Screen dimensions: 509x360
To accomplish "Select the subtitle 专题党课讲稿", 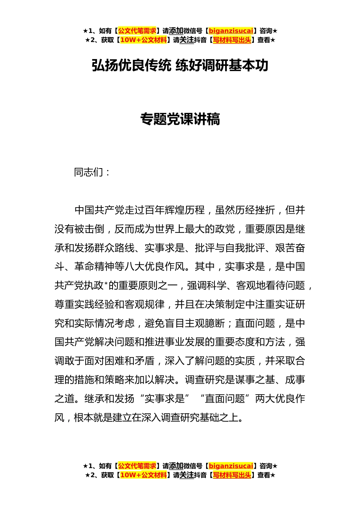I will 180,119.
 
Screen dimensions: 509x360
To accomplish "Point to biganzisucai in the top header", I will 231,31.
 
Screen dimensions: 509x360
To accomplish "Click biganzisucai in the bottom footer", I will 231,466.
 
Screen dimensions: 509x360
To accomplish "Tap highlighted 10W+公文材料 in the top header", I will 143,40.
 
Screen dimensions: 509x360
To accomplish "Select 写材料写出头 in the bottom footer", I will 232,475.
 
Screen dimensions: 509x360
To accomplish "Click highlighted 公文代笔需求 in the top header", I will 137,31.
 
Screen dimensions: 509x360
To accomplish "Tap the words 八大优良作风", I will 155,267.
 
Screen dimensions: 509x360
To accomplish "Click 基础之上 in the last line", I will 220,418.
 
